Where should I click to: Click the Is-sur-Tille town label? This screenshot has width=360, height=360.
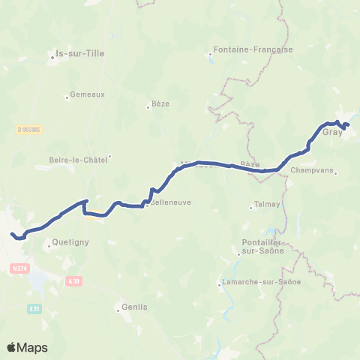click(80, 53)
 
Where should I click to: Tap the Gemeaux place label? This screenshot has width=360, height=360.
click(87, 94)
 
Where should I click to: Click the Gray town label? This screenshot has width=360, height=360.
click(332, 132)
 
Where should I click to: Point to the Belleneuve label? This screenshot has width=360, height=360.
click(168, 202)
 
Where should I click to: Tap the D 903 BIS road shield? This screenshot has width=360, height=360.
click(28, 129)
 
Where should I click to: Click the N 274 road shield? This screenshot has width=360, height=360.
click(19, 268)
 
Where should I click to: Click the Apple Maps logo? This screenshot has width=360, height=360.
click(27, 347)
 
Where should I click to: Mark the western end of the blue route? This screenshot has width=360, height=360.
click(12, 235)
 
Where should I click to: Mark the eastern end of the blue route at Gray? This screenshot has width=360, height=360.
click(349, 124)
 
